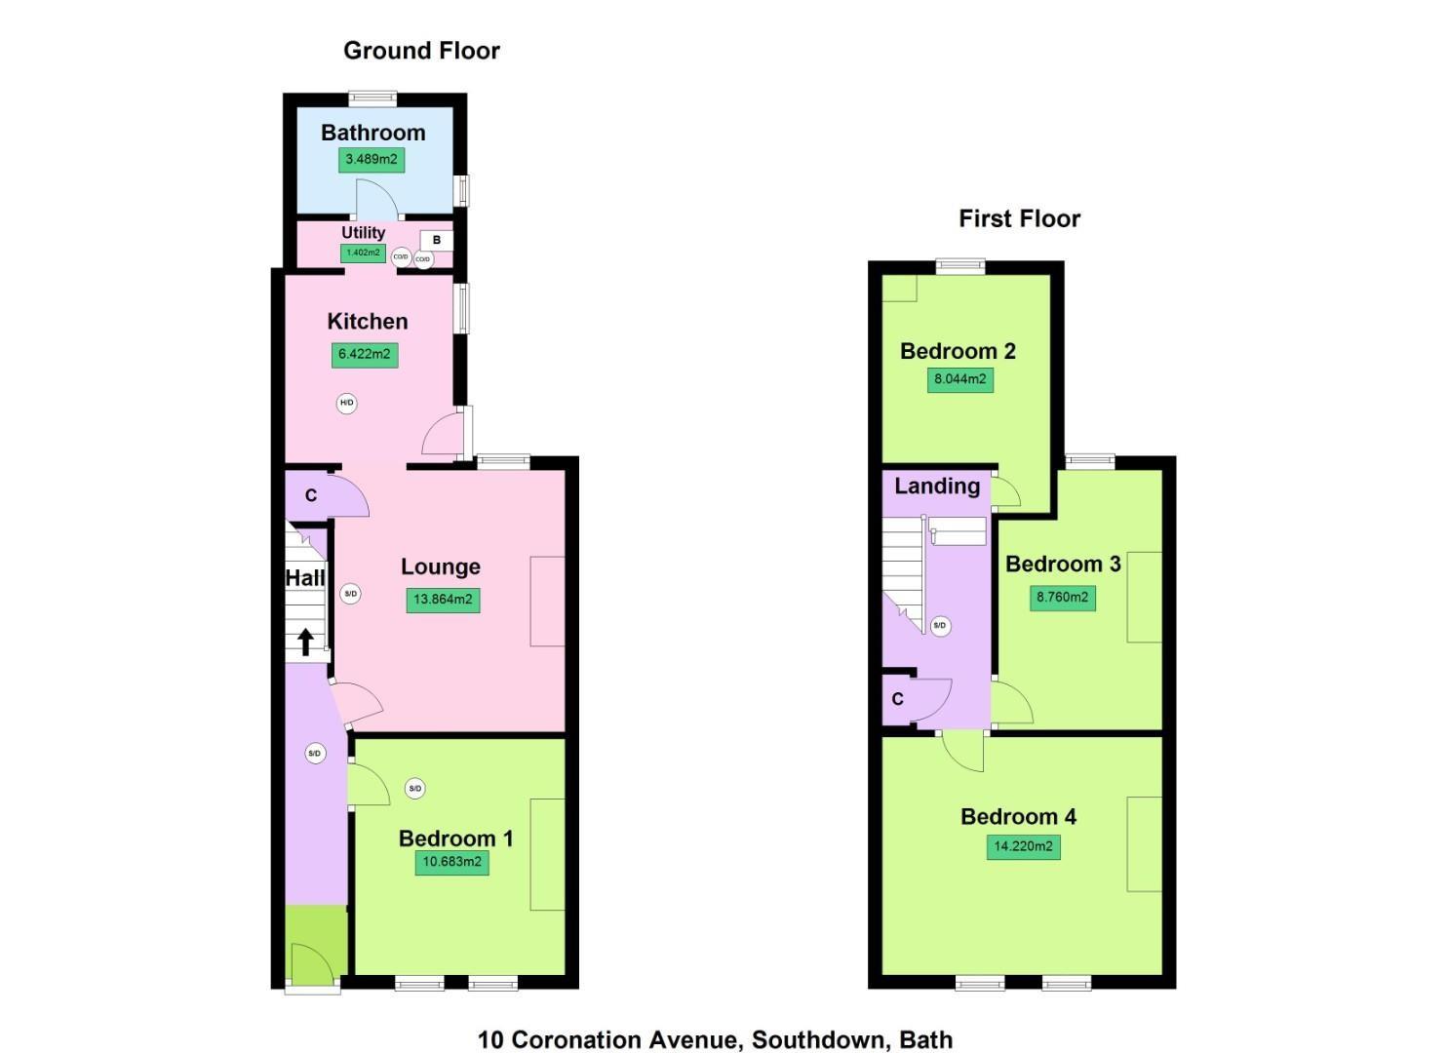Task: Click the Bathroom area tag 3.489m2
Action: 371,159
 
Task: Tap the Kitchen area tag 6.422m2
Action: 365,354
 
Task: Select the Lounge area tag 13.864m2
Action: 443,600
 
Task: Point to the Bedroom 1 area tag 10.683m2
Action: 451,862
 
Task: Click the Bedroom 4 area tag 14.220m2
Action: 1023,846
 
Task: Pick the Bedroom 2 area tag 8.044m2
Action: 960,379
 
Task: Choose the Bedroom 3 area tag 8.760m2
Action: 1062,597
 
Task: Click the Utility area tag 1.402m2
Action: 363,253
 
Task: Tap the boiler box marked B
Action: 436,240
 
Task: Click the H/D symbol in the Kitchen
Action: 346,403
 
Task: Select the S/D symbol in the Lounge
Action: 350,594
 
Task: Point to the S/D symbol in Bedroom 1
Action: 414,788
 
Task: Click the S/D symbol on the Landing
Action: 939,626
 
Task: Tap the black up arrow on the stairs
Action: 305,642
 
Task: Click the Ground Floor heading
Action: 421,51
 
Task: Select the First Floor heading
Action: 1019,218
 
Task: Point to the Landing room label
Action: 937,486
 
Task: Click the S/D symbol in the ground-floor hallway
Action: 314,753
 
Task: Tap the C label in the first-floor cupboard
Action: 897,699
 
